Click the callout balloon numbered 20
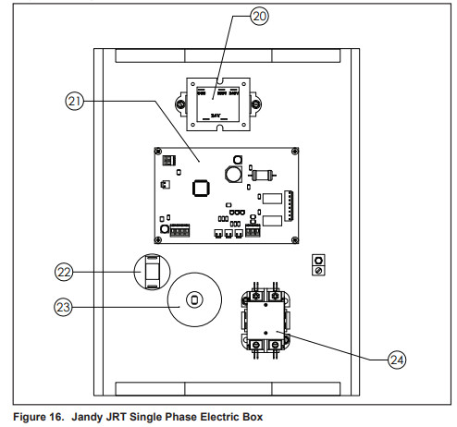[260, 18]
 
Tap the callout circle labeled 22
[63, 271]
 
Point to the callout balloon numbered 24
[396, 360]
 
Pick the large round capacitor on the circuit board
[231, 174]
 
